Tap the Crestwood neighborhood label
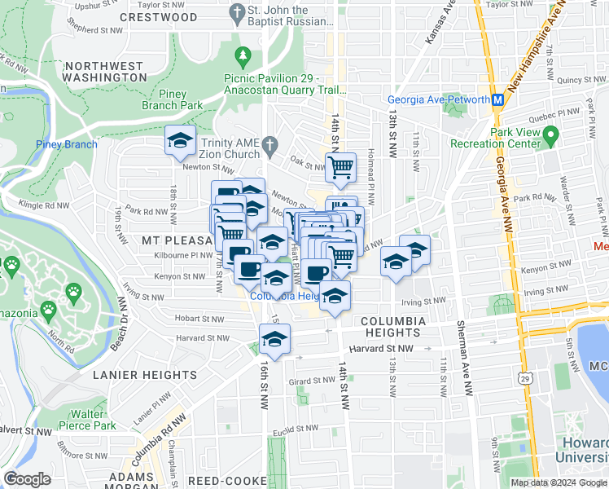pyautogui.click(x=158, y=17)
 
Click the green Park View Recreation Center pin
pyautogui.click(x=551, y=133)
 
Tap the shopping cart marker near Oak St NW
pyautogui.click(x=341, y=168)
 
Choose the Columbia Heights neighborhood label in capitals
pyautogui.click(x=393, y=328)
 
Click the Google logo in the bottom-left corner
pyautogui.click(x=27, y=478)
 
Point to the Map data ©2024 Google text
pyautogui.click(x=559, y=482)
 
